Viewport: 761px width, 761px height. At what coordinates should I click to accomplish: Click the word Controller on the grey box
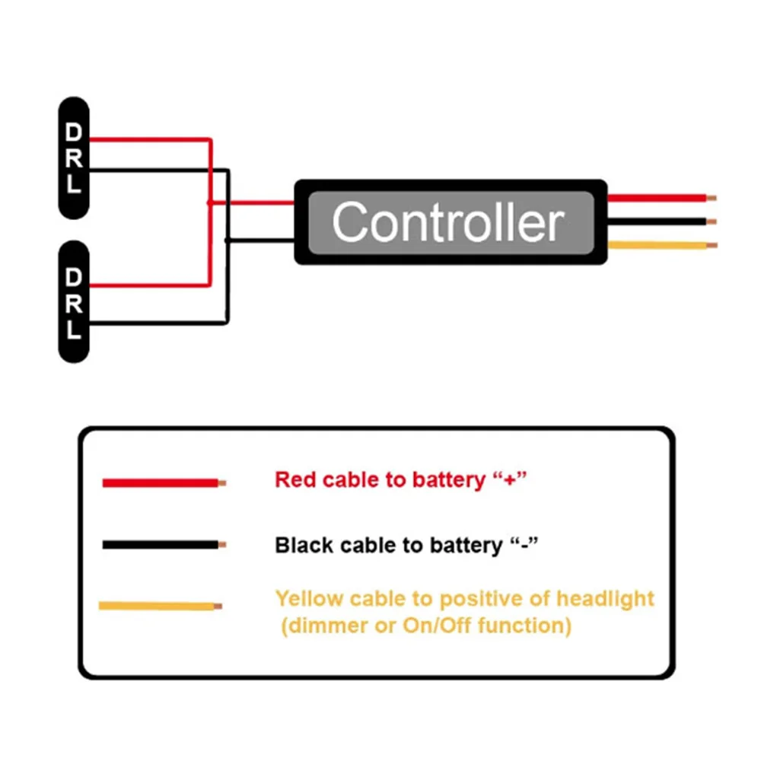coord(448,222)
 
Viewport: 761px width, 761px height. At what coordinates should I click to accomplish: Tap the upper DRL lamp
coord(74,158)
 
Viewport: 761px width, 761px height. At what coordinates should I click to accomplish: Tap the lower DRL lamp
coord(74,301)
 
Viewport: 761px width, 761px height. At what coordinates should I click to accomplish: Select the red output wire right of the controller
coord(662,198)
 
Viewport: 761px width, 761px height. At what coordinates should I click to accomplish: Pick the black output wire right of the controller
coord(662,221)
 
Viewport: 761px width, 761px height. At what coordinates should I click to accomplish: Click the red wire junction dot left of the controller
coord(210,202)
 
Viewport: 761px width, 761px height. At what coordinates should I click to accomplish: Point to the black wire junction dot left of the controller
coord(227,240)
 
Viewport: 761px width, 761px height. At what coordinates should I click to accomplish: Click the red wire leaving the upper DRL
coord(151,140)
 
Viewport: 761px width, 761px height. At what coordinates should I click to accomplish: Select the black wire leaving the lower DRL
coord(159,323)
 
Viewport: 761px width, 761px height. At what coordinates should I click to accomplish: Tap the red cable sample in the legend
coord(164,483)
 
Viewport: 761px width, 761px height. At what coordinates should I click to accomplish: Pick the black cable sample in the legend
coord(164,545)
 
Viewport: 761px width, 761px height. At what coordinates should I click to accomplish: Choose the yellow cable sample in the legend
coord(160,606)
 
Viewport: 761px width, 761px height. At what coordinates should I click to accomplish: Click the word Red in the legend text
coord(295,480)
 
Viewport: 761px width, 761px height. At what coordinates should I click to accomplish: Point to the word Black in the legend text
coord(304,545)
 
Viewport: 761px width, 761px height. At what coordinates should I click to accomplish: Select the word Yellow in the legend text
coord(310,599)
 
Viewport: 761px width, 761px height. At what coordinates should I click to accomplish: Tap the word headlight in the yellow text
coord(605,599)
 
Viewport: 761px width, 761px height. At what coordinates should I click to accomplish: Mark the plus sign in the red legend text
coord(509,480)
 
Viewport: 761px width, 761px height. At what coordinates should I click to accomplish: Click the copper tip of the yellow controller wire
coord(712,246)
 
